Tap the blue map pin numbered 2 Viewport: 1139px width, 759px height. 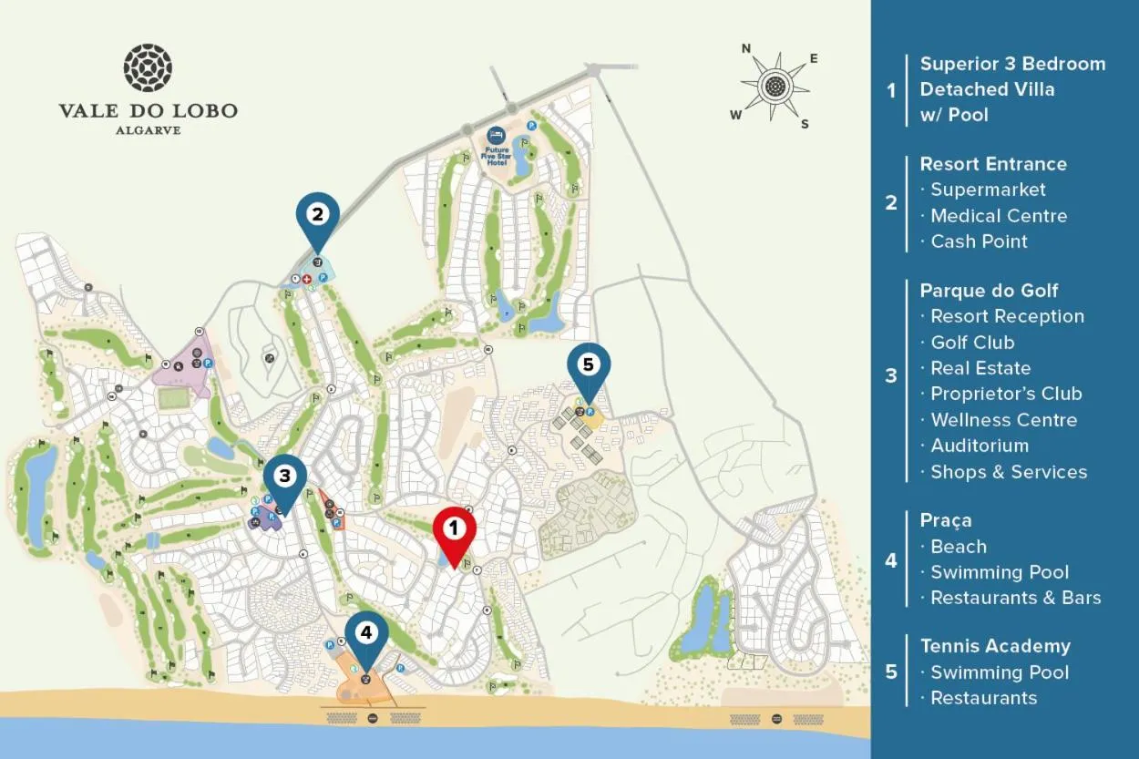317,217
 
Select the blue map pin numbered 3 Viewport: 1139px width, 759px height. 285,477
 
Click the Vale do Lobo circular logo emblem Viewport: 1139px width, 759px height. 148,67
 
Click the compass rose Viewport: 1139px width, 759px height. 775,87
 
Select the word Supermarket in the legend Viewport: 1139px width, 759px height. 988,190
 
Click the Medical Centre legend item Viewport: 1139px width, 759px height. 999,216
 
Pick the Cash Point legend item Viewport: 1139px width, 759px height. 979,241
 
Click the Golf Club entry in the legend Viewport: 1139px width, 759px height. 972,343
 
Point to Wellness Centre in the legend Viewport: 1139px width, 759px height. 1003,420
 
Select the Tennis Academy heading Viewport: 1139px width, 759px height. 995,646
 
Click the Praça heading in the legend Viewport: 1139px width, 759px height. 946,520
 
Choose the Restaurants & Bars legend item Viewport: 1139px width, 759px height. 1015,598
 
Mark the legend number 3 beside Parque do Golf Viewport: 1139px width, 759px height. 891,375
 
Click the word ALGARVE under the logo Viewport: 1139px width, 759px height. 148,130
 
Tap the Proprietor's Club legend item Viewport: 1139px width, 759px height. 1006,394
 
